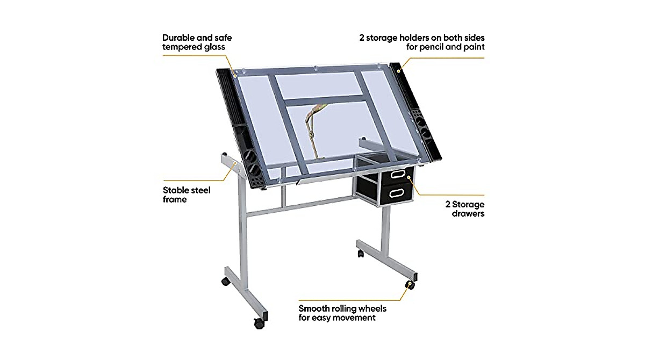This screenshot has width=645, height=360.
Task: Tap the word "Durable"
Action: (x=180, y=38)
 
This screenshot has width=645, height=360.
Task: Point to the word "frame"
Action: (x=175, y=199)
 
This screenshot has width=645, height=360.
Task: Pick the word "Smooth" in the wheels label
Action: (x=315, y=308)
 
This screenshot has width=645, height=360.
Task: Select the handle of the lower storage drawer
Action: (x=399, y=191)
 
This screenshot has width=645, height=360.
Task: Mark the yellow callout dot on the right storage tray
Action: (x=398, y=70)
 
